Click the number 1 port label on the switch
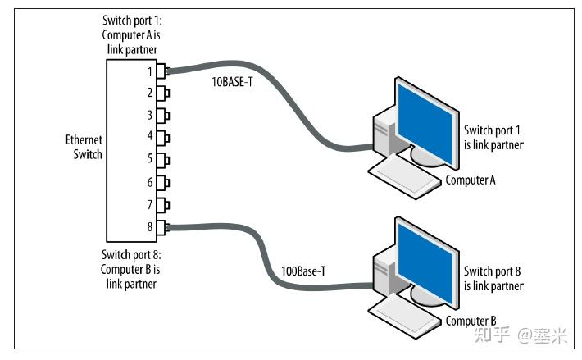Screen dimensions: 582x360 click(150, 71)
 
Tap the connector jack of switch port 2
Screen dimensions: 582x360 click(162, 93)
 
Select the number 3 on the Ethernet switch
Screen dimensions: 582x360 click(150, 115)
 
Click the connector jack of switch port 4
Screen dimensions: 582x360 click(162, 138)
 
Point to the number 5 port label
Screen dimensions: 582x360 click(150, 158)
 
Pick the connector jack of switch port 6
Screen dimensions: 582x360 click(162, 183)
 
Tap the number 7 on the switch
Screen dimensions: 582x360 click(150, 204)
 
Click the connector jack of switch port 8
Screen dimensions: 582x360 click(162, 227)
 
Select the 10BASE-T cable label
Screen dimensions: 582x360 click(232, 82)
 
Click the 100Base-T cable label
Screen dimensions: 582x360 click(303, 271)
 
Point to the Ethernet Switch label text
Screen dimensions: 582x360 click(84, 147)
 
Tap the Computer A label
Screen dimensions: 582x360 click(471, 180)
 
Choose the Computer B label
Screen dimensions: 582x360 click(471, 321)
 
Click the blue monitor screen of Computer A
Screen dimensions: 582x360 click(425, 124)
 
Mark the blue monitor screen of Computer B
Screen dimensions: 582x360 click(425, 264)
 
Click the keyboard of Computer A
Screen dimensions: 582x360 click(405, 176)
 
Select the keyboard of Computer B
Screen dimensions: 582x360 click(405, 317)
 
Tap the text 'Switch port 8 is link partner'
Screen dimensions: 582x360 click(493, 278)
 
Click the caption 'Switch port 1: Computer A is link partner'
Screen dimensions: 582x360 click(131, 35)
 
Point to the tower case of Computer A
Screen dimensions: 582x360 click(384, 134)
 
